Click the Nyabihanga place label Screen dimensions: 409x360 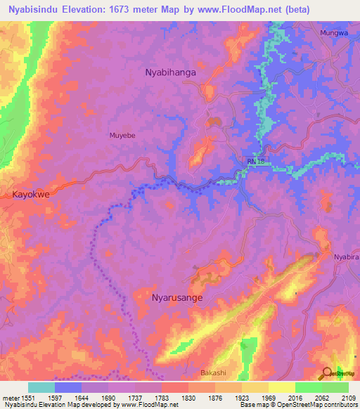click(x=170, y=72)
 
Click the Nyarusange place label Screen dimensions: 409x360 click(x=178, y=298)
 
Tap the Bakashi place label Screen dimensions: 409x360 click(x=214, y=372)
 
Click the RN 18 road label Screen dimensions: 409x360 click(x=256, y=162)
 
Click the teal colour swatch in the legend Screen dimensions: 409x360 click(x=41, y=387)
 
